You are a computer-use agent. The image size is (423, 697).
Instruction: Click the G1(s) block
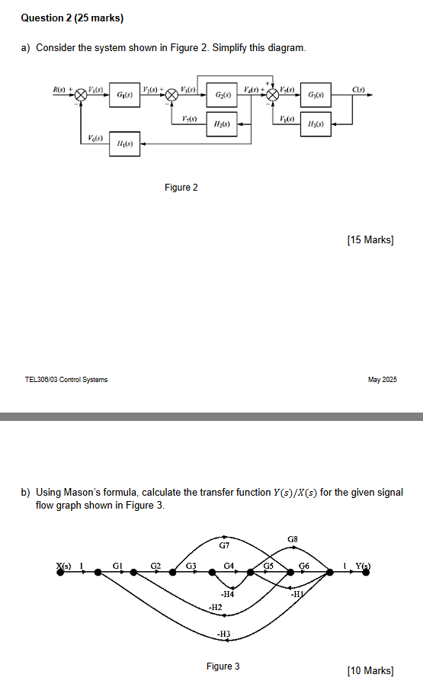123,95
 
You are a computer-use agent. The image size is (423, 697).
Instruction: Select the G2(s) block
223,95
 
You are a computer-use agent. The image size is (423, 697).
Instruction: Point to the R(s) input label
59,89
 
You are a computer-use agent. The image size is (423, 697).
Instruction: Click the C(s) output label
359,89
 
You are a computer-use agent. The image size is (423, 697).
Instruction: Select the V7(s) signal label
190,118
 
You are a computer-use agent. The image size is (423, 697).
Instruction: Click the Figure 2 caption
181,188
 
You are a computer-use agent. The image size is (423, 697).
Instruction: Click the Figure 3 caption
223,666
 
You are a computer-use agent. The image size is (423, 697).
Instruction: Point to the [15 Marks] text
370,240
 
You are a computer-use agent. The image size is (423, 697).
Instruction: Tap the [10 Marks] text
370,671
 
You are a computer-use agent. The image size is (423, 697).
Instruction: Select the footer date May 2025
383,380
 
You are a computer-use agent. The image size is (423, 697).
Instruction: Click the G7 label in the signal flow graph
224,545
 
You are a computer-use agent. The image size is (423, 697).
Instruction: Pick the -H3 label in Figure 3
223,634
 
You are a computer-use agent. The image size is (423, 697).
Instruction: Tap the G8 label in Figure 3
293,539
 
